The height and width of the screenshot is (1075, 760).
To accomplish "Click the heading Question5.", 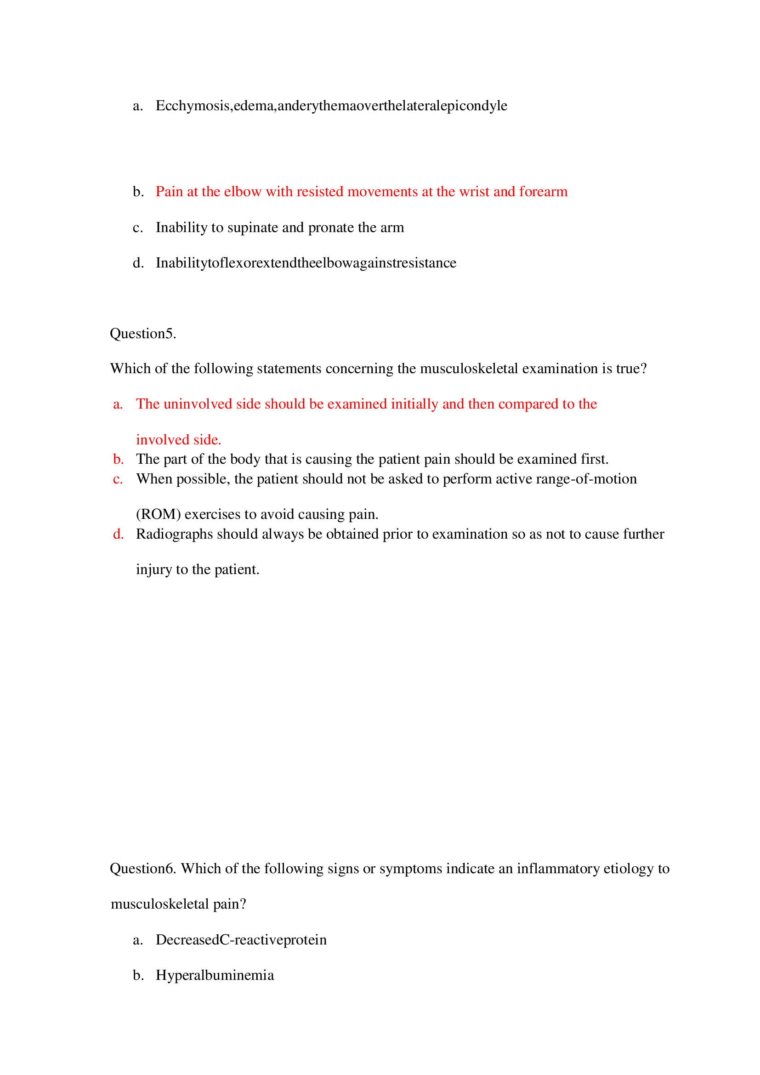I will (x=143, y=333).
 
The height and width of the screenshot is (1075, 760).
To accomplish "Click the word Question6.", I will (x=143, y=869).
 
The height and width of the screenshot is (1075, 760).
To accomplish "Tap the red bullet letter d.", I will (x=119, y=534).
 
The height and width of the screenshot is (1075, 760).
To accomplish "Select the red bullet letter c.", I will (x=118, y=479).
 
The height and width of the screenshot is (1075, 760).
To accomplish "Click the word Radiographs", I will (x=174, y=534).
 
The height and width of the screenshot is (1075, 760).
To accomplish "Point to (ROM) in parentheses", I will (x=158, y=514).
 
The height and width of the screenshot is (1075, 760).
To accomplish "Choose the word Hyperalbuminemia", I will (x=215, y=975).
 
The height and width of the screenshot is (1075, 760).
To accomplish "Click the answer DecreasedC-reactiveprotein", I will (x=241, y=940).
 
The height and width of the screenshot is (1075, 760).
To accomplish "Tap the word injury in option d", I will (x=153, y=569).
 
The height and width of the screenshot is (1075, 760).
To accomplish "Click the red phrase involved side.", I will (x=178, y=440).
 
